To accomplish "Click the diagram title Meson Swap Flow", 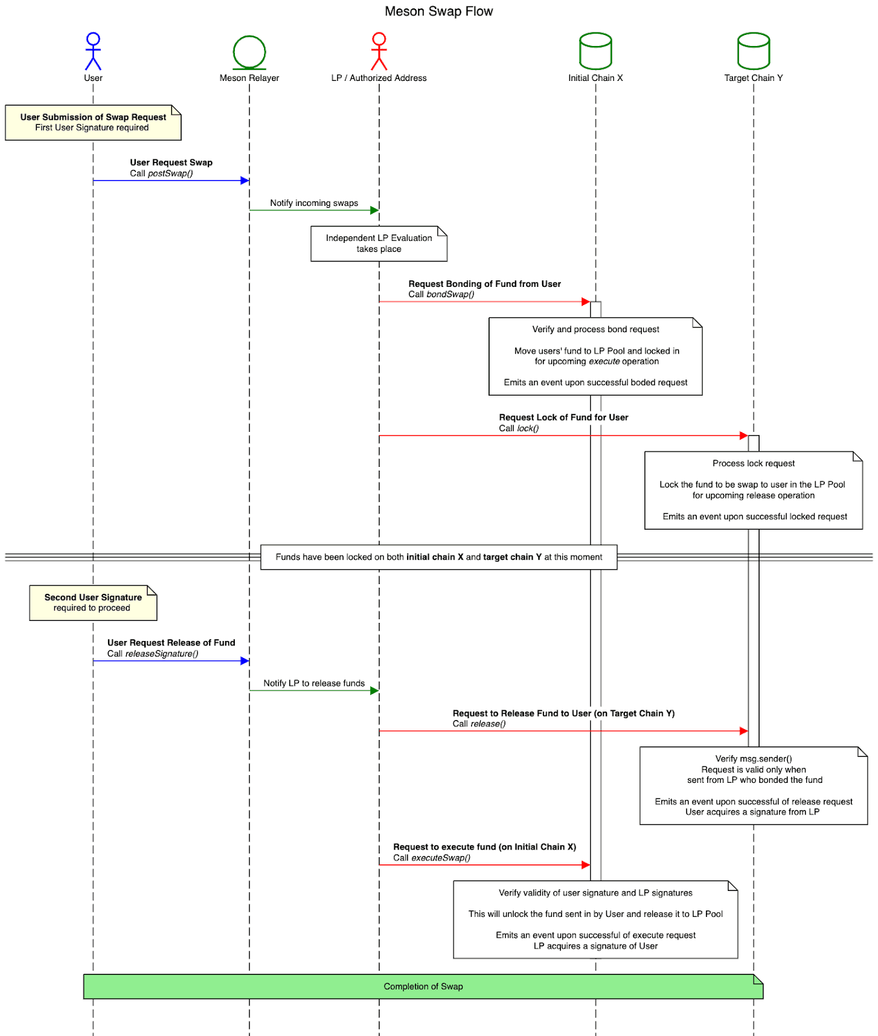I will pos(439,11).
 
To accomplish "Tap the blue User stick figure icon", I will pos(93,51).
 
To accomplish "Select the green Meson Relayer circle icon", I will pos(249,52).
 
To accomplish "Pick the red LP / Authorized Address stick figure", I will pos(379,51).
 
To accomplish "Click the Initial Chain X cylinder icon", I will pos(595,51).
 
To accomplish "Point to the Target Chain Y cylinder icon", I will pos(753,51).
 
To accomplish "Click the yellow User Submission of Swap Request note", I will pos(93,122).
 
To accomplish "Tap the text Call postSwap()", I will pos(161,174).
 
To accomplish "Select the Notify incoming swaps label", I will pos(314,203).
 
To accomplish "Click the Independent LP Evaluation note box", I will pos(379,243).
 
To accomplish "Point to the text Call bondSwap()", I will pos(441,295).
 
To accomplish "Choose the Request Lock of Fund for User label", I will pos(564,418).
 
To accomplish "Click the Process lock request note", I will pos(753,490).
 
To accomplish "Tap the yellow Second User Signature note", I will pos(93,603).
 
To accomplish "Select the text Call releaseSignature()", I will pos(153,654).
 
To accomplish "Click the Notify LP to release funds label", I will pos(314,684).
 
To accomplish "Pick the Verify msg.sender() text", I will pos(753,759).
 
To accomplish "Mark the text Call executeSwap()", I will pos(432,858).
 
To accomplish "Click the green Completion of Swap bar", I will pos(423,987).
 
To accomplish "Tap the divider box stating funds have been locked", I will pos(439,557).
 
